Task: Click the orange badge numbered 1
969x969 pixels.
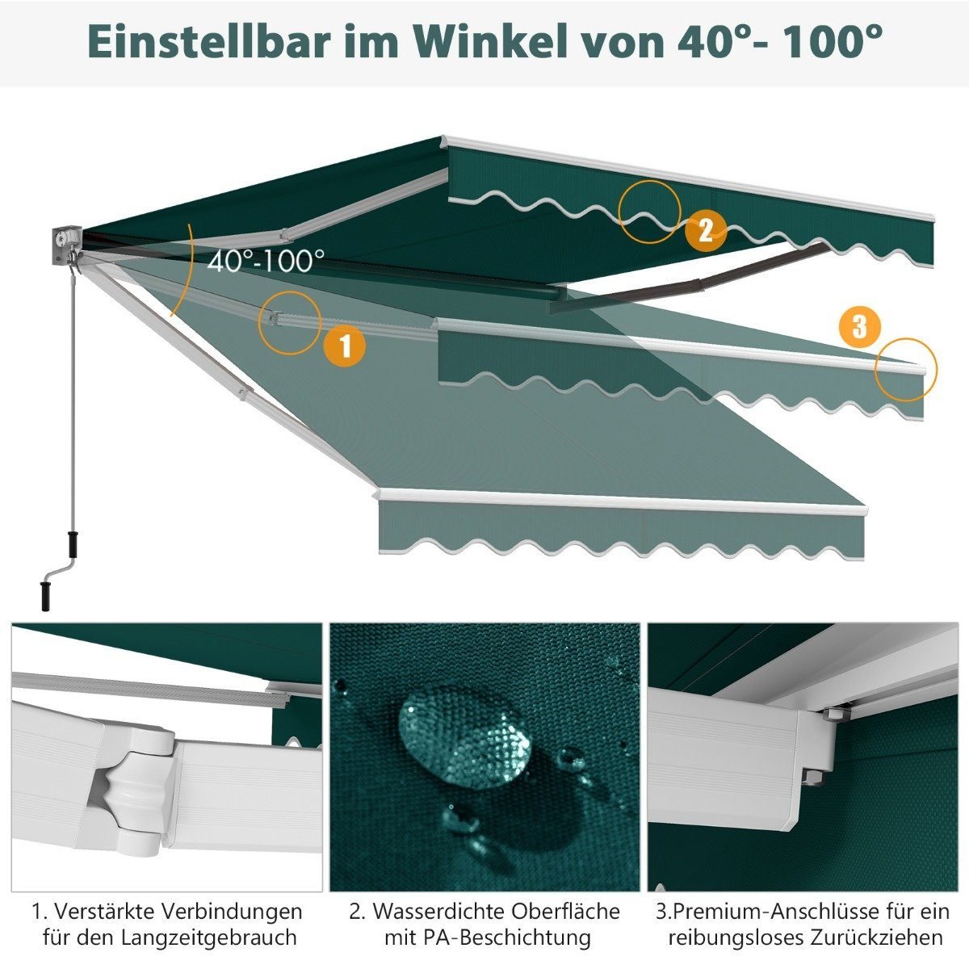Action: [x=345, y=346]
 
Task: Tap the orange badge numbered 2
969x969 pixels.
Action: [x=706, y=231]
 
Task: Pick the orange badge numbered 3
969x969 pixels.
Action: [x=860, y=327]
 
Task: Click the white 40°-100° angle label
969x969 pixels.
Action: [x=266, y=262]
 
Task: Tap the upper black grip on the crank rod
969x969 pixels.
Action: [x=73, y=543]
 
